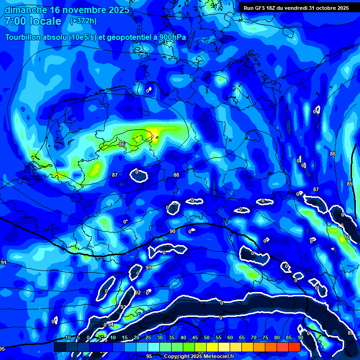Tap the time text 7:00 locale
click(x=33, y=21)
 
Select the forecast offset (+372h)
click(x=83, y=21)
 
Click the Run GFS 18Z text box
click(x=296, y=7)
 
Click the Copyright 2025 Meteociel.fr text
click(x=199, y=356)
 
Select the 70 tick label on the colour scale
click(x=254, y=337)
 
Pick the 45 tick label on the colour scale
click(x=195, y=337)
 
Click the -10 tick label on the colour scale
click(x=67, y=337)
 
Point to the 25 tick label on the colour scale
click(x=148, y=337)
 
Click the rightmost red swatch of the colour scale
click(x=294, y=347)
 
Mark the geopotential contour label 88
click(x=176, y=175)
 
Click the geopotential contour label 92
click(x=137, y=292)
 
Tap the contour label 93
click(x=123, y=307)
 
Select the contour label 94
click(x=111, y=324)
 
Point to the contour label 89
click(x=351, y=333)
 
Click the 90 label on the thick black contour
click(x=172, y=231)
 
